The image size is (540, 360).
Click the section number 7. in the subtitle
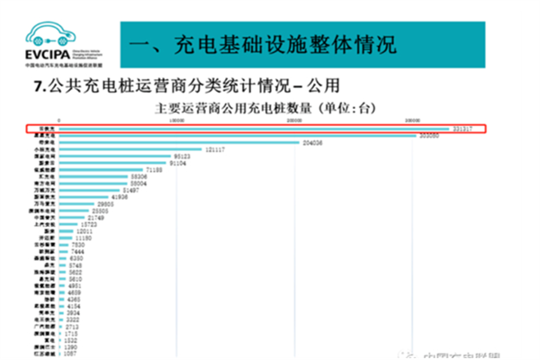click(39, 87)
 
